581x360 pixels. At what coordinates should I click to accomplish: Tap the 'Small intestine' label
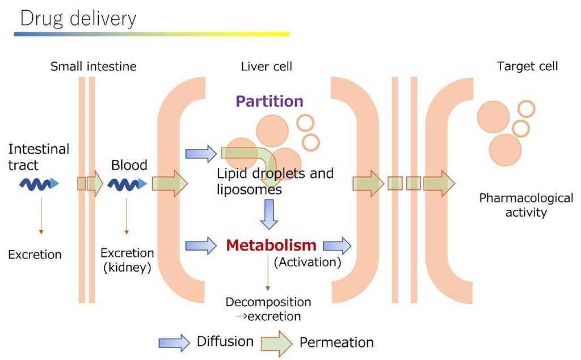pyautogui.click(x=94, y=66)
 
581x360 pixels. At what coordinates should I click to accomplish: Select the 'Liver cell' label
pyautogui.click(x=267, y=66)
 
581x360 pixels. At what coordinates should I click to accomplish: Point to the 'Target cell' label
pyautogui.click(x=527, y=66)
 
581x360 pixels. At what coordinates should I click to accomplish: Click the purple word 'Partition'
pyautogui.click(x=270, y=101)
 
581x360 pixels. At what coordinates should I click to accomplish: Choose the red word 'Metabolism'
pyautogui.click(x=271, y=245)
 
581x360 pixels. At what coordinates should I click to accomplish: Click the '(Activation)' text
pyautogui.click(x=307, y=262)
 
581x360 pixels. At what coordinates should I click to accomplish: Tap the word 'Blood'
pyautogui.click(x=129, y=165)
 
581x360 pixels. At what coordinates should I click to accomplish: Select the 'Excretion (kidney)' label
pyautogui.click(x=127, y=260)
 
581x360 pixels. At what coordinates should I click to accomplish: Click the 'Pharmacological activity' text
pyautogui.click(x=526, y=205)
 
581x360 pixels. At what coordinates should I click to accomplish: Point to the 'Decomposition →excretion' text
pyautogui.click(x=268, y=309)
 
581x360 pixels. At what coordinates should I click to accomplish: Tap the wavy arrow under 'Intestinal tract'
pyautogui.click(x=39, y=183)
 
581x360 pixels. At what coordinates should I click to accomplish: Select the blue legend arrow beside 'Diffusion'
pyautogui.click(x=174, y=342)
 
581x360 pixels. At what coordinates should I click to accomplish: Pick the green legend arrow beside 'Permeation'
pyautogui.click(x=276, y=342)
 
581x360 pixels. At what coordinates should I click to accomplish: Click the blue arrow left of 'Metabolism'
pyautogui.click(x=201, y=245)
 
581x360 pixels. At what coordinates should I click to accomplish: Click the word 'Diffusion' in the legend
pyautogui.click(x=225, y=341)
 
